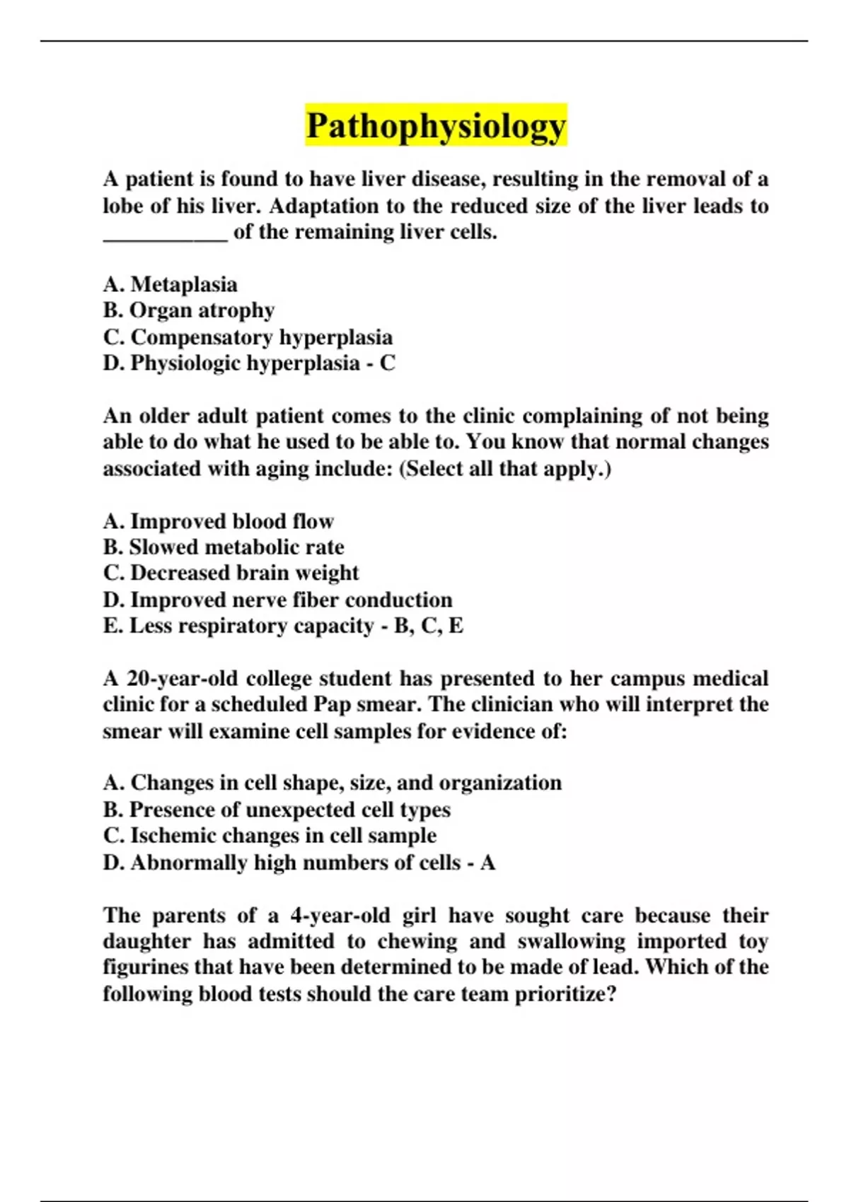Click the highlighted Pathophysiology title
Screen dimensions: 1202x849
pos(436,126)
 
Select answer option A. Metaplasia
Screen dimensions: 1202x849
pos(170,284)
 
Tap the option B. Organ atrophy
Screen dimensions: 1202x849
pos(188,310)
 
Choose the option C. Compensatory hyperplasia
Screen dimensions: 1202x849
pos(248,337)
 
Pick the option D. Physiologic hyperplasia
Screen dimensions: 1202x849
pos(231,363)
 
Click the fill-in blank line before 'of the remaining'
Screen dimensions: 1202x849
pos(166,235)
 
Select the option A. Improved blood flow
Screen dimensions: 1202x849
pos(218,521)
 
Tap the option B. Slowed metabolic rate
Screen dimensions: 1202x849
pos(224,547)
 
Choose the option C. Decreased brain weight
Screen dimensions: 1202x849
pos(231,573)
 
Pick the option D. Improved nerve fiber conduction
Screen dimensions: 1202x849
pos(277,600)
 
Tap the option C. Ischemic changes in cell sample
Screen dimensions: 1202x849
pos(270,836)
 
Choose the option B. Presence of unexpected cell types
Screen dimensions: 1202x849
pos(277,810)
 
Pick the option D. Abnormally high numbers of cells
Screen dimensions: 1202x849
pos(282,863)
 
